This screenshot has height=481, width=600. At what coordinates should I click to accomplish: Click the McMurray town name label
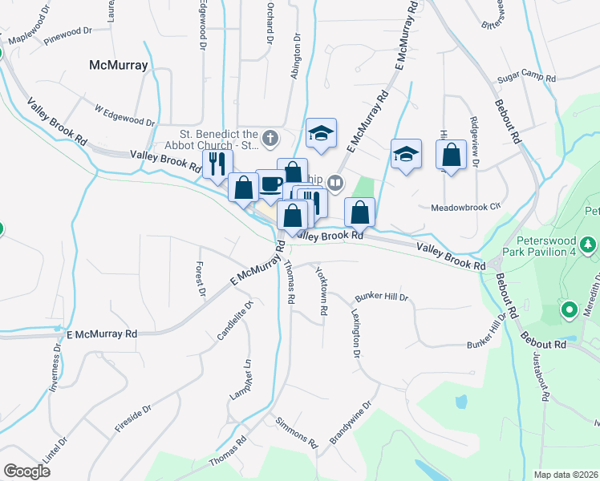118,66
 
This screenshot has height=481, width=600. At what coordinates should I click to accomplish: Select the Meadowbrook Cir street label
465,206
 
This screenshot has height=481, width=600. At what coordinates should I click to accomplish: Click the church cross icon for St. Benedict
270,138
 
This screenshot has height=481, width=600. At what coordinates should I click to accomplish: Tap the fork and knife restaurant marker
216,164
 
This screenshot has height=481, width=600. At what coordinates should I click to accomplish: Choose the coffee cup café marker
270,184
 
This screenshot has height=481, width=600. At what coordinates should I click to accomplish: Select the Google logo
26,471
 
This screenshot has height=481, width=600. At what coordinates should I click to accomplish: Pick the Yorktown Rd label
322,291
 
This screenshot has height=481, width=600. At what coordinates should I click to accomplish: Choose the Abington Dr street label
296,56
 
